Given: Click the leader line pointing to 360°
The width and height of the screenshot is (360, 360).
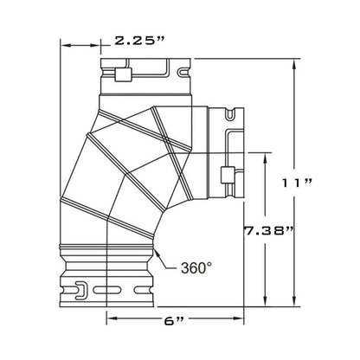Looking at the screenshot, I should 165,258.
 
